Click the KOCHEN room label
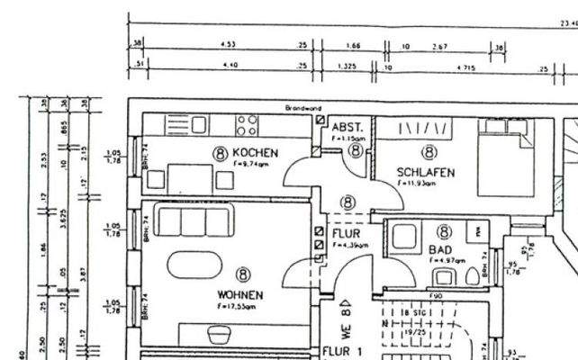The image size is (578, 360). pyautogui.click(x=256, y=153)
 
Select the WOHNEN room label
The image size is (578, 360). pyautogui.click(x=239, y=294)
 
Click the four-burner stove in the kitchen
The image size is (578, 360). pyautogui.click(x=248, y=123)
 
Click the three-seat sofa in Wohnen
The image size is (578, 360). pyautogui.click(x=191, y=221)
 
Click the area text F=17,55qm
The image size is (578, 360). pyautogui.click(x=237, y=306)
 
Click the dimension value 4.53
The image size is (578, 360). pyautogui.click(x=228, y=43)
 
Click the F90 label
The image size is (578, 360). pyautogui.click(x=436, y=296)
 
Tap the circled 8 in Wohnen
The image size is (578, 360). pyautogui.click(x=243, y=274)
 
